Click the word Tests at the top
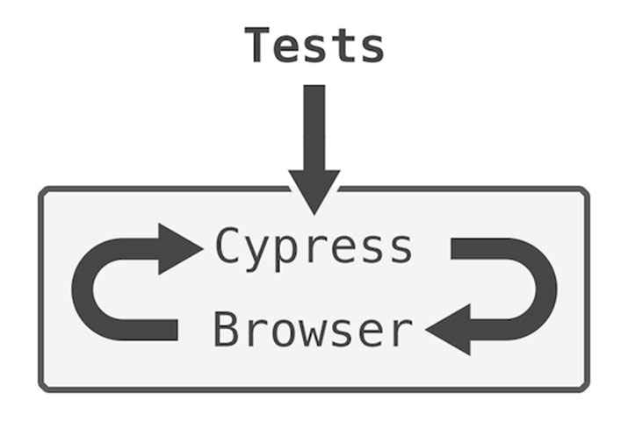point(314,46)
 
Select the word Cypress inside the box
point(314,248)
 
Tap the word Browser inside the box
point(313,331)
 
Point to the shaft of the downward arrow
point(314,123)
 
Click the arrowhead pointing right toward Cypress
point(180,248)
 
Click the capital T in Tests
point(257,46)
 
